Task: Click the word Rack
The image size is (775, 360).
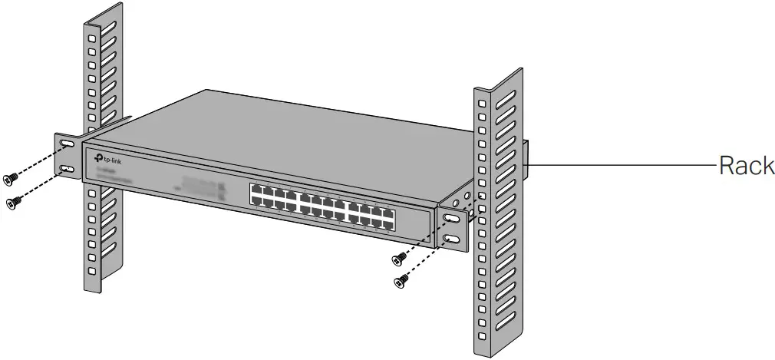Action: pyautogui.click(x=746, y=165)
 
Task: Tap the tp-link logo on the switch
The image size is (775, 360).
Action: pyautogui.click(x=107, y=158)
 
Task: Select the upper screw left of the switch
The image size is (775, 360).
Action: pyautogui.click(x=9, y=179)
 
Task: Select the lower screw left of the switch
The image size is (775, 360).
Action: pyautogui.click(x=12, y=202)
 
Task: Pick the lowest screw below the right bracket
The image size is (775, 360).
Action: pyautogui.click(x=399, y=282)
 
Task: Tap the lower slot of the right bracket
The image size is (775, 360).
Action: pyautogui.click(x=453, y=241)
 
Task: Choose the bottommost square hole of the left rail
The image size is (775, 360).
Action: pyautogui.click(x=92, y=271)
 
